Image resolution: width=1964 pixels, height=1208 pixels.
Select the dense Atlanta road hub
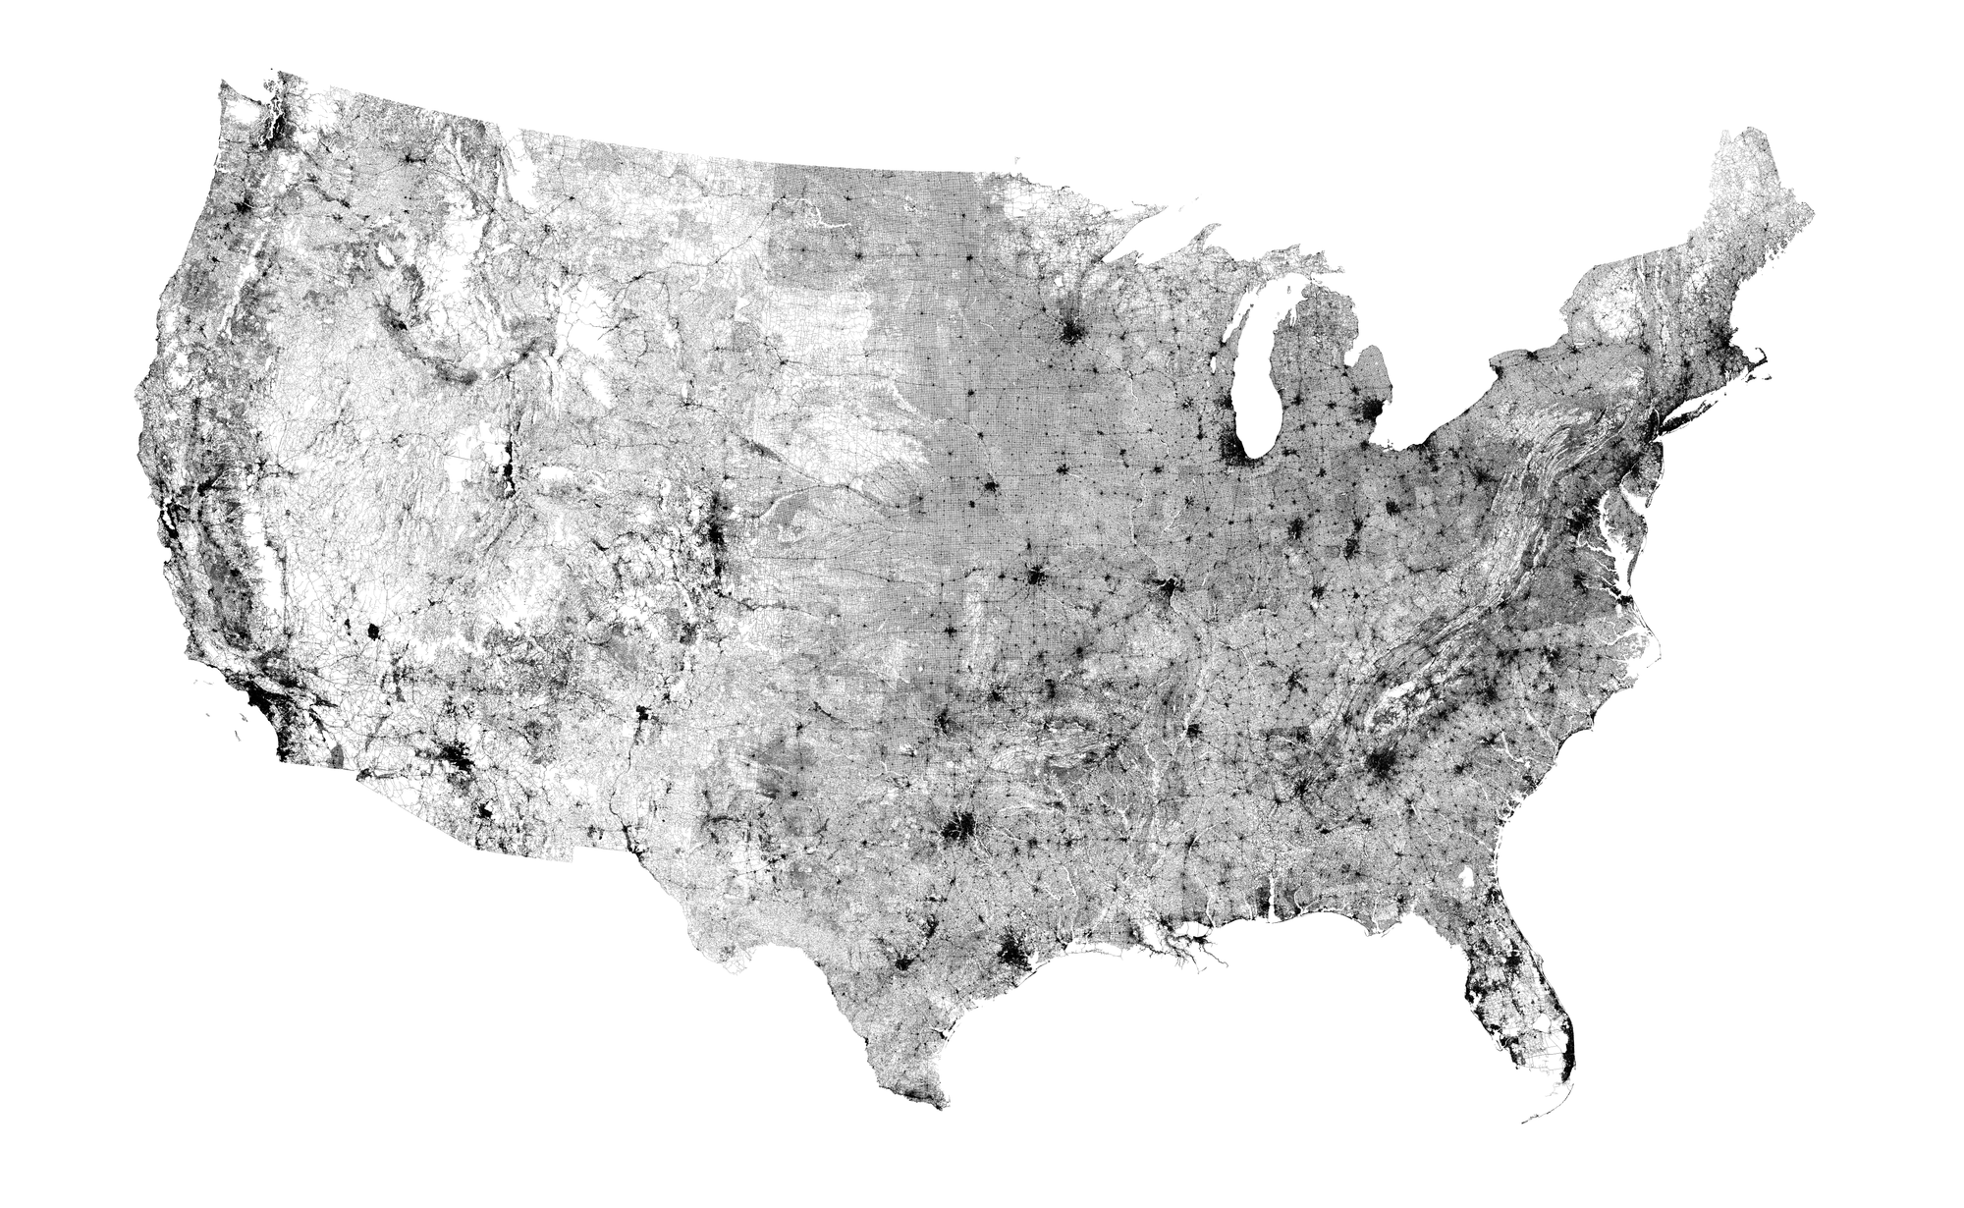coord(1380,765)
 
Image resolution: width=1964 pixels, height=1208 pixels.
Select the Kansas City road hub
coord(1034,577)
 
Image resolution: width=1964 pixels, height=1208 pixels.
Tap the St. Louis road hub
coord(1167,590)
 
